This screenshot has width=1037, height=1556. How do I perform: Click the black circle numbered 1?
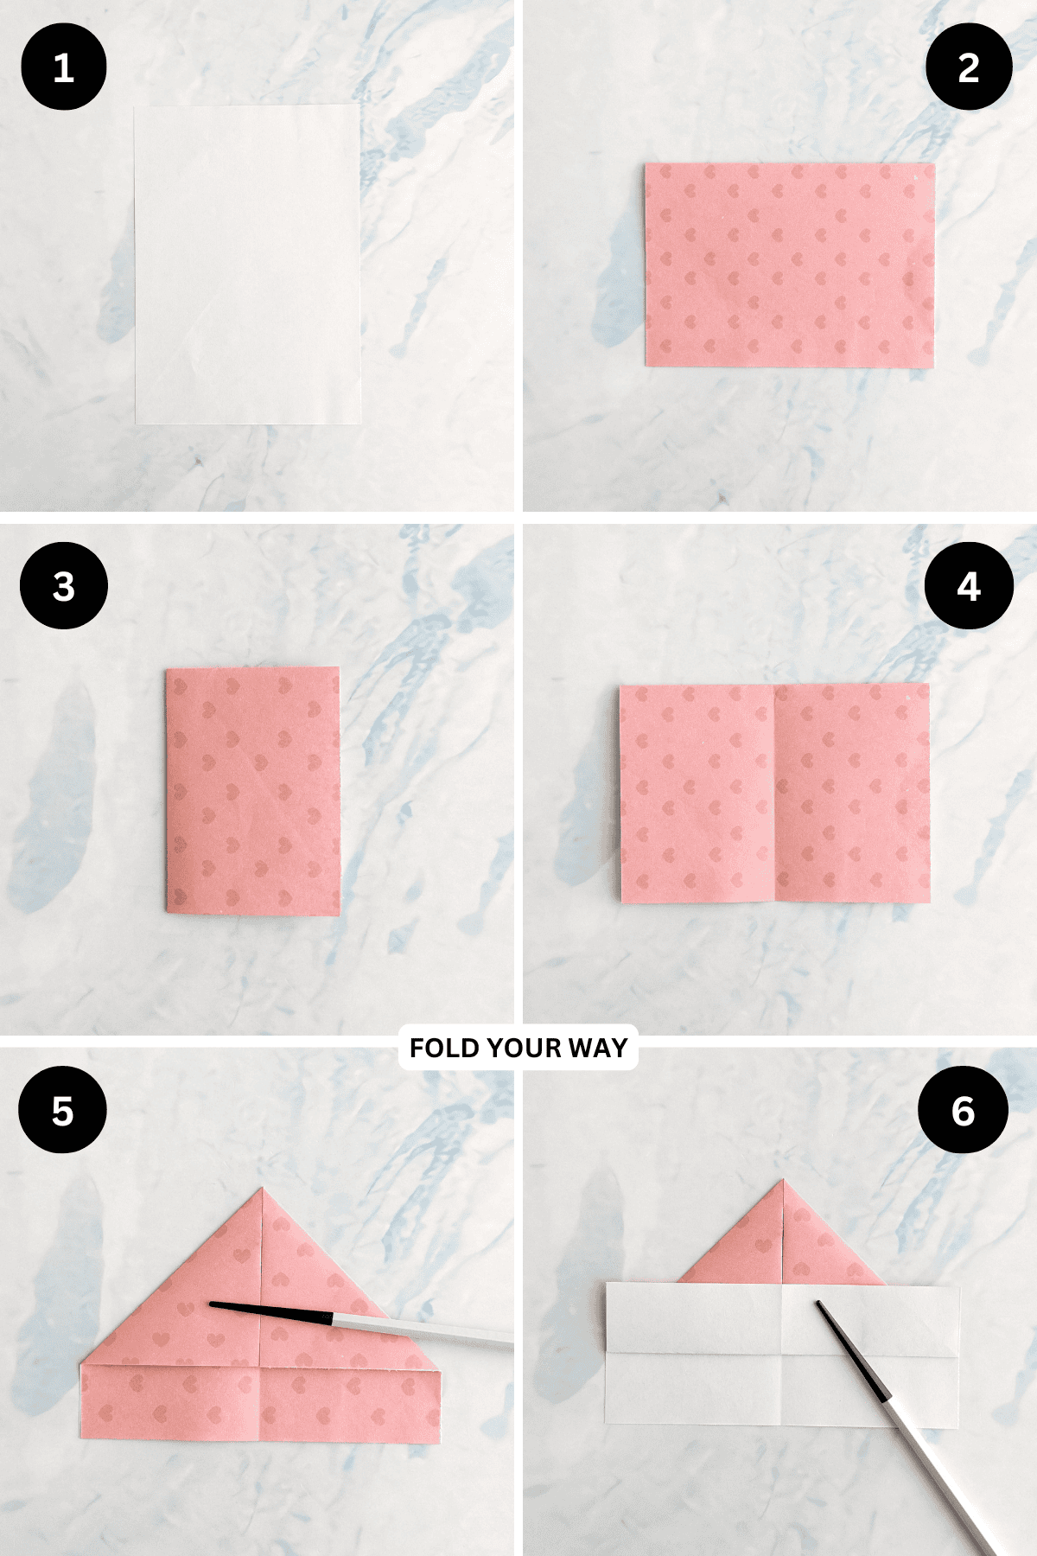64,67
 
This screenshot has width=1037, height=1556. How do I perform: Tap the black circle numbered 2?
969,67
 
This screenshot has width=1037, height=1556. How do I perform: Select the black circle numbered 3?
64,586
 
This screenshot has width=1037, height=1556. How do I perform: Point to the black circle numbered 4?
969,586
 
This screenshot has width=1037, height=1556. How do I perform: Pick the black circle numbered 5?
62,1111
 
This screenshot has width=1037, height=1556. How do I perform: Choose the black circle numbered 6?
963,1111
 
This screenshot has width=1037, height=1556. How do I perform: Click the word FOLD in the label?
443,1048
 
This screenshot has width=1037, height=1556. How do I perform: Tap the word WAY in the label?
598,1048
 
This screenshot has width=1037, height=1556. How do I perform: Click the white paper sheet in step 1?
248,264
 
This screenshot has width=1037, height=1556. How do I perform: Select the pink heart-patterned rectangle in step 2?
789,265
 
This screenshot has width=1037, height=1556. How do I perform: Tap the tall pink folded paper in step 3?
252,791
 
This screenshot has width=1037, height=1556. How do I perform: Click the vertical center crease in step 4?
774,794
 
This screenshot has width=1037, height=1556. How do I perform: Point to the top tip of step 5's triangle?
262,1190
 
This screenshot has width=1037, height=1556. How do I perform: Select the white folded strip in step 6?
782,1353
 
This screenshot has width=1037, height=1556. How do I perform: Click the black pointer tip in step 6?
819,1304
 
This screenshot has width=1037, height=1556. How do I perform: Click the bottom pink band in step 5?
259,1405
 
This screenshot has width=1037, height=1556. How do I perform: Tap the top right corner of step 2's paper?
933,164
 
